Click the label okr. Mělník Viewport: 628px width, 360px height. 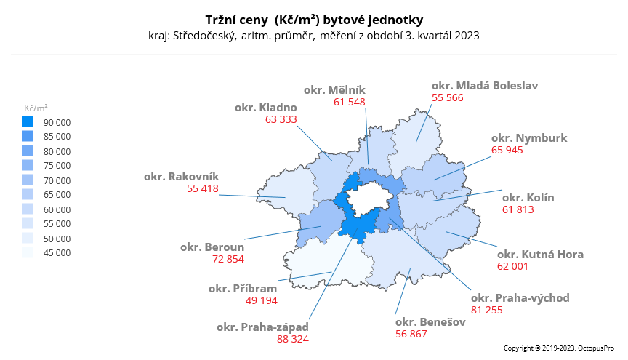[x=334, y=89]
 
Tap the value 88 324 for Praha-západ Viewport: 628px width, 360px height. [x=292, y=338]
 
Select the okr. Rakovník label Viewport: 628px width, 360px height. [x=181, y=176]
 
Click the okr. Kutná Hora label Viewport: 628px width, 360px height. [x=540, y=254]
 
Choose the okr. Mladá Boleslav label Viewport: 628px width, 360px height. [x=485, y=85]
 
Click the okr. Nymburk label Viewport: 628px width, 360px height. [x=529, y=137]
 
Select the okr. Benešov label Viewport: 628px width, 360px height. [x=430, y=321]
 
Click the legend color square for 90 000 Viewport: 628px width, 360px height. [x=28, y=121]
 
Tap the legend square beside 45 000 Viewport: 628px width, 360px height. [x=28, y=252]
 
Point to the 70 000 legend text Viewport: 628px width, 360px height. [x=57, y=180]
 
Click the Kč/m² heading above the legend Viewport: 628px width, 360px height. [x=36, y=107]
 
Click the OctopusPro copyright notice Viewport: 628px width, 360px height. [x=560, y=348]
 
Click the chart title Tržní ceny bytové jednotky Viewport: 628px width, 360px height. [x=313, y=19]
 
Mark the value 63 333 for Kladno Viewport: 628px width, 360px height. [x=281, y=119]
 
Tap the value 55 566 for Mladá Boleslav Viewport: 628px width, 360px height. [x=448, y=97]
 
